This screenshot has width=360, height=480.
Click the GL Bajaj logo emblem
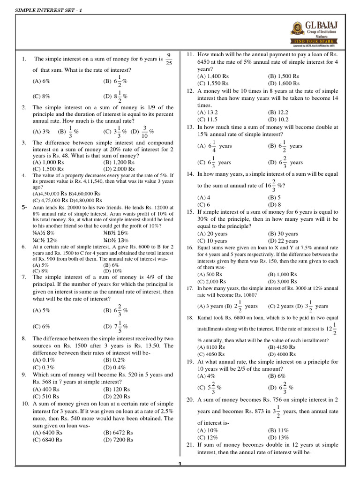point(297,28)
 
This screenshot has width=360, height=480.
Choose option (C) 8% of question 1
point(41,97)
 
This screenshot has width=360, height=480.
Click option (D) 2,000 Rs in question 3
point(119,169)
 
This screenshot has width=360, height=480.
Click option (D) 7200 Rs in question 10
point(118,440)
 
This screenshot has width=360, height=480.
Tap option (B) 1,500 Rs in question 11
point(284,76)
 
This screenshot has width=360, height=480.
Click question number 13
point(190,127)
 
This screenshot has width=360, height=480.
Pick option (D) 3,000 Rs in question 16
point(283,281)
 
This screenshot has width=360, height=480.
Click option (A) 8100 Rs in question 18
point(211,347)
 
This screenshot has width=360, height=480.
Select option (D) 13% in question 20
point(279,437)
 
